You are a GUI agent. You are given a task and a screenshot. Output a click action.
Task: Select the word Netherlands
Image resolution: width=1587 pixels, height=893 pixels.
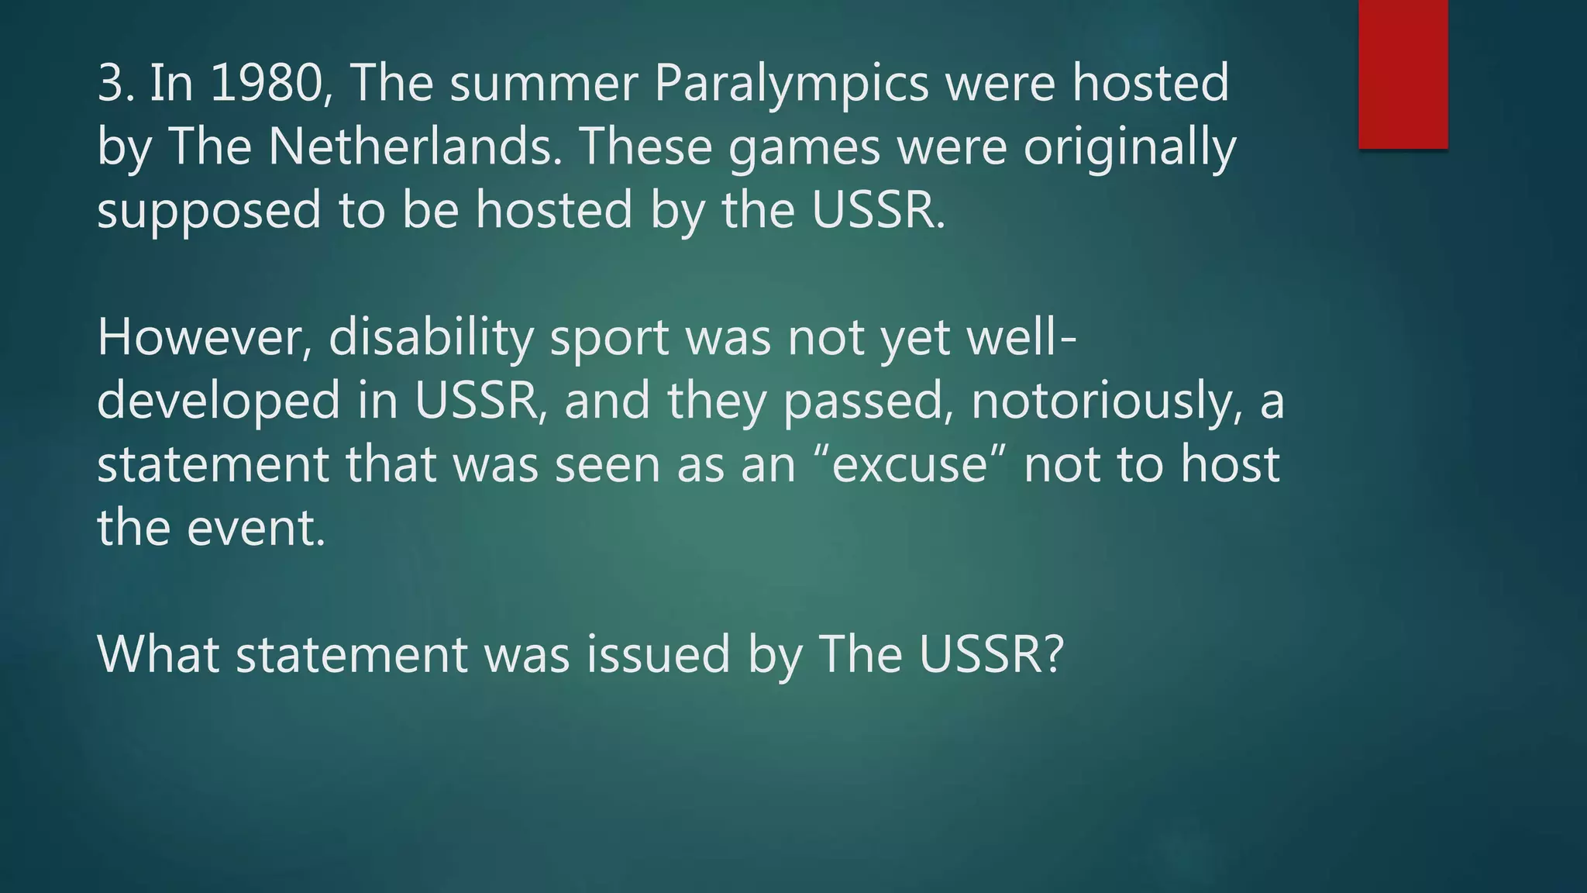(x=411, y=147)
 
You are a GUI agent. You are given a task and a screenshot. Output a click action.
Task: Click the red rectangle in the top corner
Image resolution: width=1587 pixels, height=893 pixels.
(x=1403, y=74)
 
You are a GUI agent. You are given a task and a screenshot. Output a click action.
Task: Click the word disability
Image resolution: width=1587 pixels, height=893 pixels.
(x=431, y=340)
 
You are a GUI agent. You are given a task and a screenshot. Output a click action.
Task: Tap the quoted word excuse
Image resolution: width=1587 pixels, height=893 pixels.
(x=910, y=465)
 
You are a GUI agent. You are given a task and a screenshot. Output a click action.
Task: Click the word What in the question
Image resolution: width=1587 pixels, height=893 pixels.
(x=158, y=654)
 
